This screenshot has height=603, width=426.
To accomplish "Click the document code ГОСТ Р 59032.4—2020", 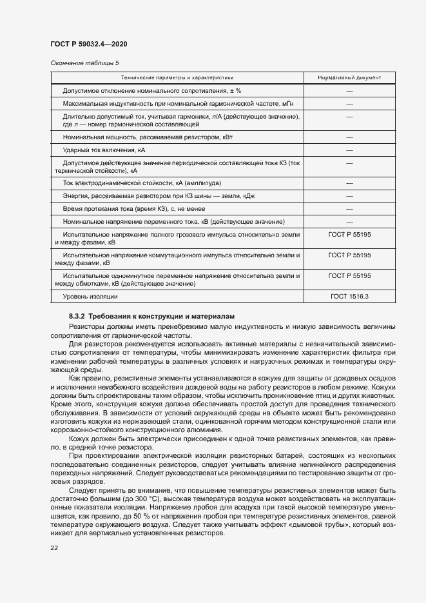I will tap(88, 44).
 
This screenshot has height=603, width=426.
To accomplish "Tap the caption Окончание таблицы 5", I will tap(84, 63).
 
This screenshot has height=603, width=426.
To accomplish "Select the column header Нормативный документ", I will tap(349, 77).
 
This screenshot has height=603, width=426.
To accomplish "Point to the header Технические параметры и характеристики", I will tap(177, 77).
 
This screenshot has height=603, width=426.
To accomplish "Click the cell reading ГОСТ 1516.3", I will tap(349, 296).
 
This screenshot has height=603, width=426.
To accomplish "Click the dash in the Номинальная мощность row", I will tap(349, 137).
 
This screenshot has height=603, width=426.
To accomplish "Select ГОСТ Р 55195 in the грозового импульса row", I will tap(349, 235).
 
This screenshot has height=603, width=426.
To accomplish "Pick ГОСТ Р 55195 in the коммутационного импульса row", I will tap(349, 255).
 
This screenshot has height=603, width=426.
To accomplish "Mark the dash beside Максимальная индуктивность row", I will tap(349, 104).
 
